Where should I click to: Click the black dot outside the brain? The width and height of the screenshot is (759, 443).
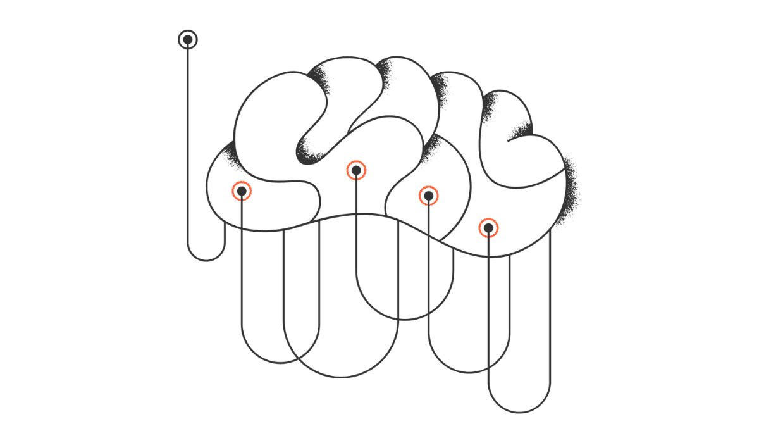tap(188, 40)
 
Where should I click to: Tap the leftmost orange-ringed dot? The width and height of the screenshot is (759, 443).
tap(242, 190)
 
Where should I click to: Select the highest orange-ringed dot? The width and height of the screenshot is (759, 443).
tap(356, 170)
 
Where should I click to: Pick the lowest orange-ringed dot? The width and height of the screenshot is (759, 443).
tap(488, 228)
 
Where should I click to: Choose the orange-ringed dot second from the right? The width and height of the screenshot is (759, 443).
tap(428, 196)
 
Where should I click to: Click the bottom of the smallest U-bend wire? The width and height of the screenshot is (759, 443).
tap(207, 260)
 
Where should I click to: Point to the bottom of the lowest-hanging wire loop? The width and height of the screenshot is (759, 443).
tap(519, 412)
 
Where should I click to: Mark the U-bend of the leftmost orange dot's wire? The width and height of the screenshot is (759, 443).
tap(280, 363)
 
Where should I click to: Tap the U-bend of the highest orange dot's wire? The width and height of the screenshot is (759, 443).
tap(405, 320)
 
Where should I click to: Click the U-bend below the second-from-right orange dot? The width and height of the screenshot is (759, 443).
tap(469, 373)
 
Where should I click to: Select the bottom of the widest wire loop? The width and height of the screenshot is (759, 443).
tap(341, 377)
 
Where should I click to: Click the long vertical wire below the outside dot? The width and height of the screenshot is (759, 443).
tap(188, 146)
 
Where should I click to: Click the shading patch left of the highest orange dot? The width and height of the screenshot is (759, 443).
tap(308, 153)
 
